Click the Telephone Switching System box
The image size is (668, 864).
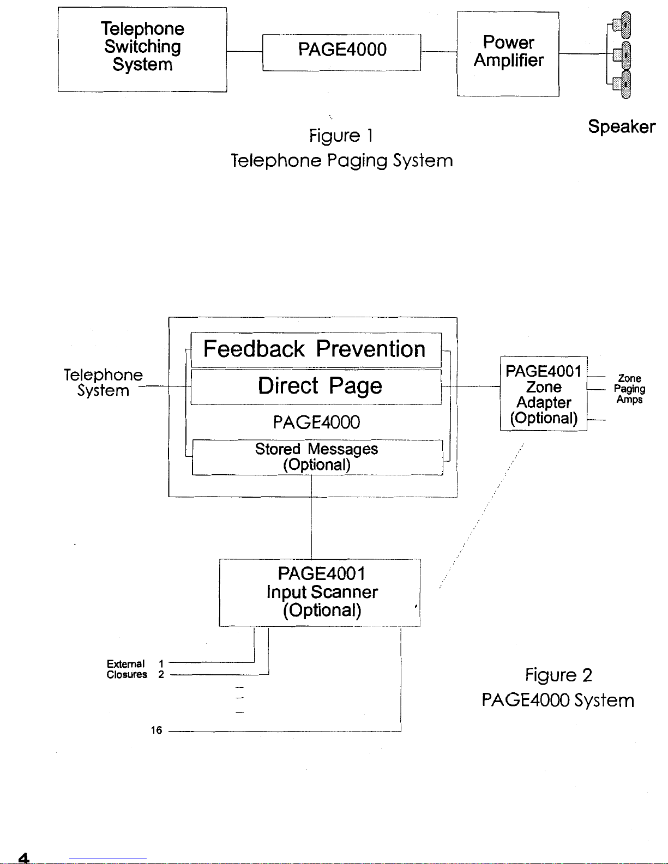click(142, 50)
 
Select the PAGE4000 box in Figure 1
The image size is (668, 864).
click(341, 52)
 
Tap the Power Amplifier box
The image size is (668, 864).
click(508, 54)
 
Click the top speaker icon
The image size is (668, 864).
click(622, 25)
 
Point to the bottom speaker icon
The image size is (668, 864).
click(622, 84)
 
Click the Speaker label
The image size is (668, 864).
click(622, 127)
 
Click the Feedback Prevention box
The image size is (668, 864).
click(316, 350)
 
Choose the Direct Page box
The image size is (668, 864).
click(316, 387)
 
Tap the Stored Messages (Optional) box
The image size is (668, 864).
click(317, 457)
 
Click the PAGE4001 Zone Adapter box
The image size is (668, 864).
click(544, 394)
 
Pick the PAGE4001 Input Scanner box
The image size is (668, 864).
click(320, 593)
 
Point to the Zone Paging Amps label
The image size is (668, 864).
click(629, 389)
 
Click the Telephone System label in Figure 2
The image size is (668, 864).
click(104, 382)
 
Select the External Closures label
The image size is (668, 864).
click(127, 669)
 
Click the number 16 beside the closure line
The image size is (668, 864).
click(157, 730)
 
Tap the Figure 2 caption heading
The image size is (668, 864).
click(558, 675)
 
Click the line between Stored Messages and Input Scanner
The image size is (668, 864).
click(311, 517)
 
